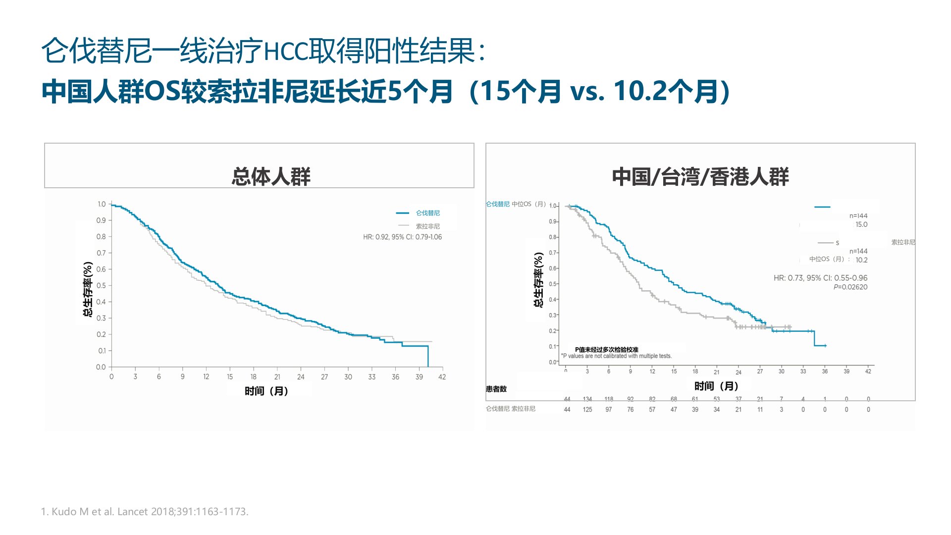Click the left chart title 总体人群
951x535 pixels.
pos(271,177)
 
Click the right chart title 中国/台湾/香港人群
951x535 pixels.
pos(700,177)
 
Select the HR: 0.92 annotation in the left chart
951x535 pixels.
pos(402,237)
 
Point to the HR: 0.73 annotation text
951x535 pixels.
pos(820,278)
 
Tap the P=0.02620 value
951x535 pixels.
pos(850,287)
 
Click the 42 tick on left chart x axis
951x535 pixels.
pos(442,377)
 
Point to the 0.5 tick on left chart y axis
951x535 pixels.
pos(101,285)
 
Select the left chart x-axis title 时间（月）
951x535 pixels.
pos(266,391)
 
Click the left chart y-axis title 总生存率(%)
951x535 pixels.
pos(88,289)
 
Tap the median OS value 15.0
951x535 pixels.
pos(861,224)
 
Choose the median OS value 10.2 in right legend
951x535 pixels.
pos(861,260)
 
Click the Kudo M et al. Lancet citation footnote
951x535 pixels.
pos(145,512)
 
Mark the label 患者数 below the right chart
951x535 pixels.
pos(496,389)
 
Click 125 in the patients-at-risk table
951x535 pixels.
pos(587,410)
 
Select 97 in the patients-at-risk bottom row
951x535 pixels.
pos(609,410)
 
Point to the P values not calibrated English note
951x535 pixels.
pos(617,356)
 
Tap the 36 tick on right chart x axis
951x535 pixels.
pos(825,372)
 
